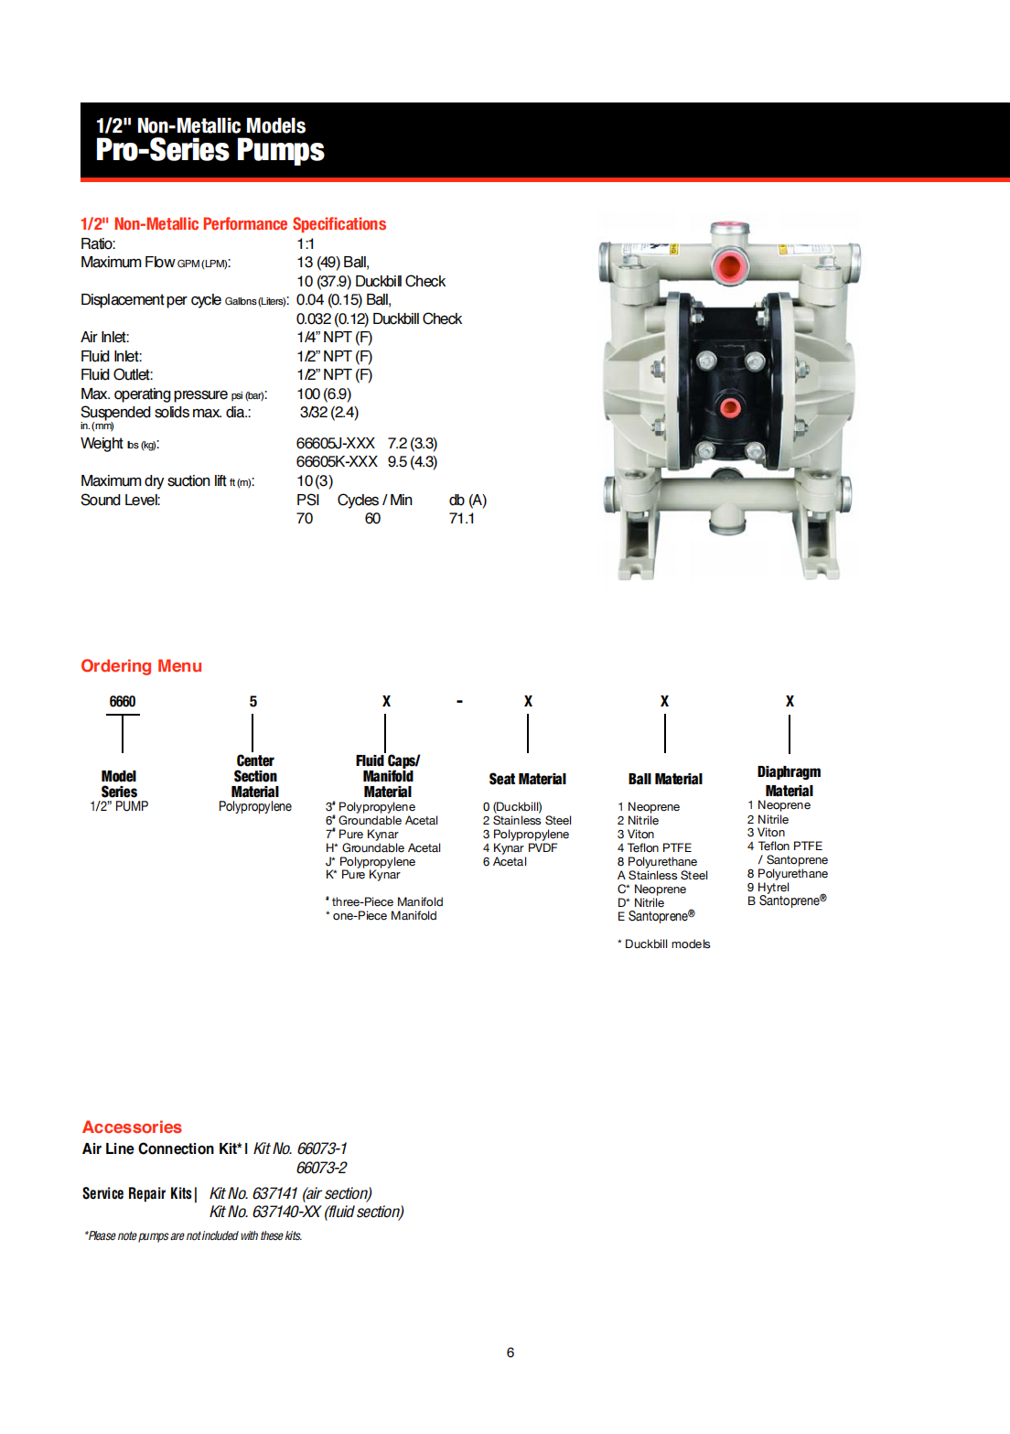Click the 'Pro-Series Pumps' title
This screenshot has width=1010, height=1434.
point(210,150)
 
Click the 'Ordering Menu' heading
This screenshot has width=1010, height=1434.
point(141,666)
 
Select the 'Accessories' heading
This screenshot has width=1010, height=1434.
point(132,1127)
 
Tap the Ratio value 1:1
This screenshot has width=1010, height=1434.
point(306,244)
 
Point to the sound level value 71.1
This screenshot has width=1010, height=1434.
point(462,519)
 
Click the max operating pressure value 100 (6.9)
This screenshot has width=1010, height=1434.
point(324,394)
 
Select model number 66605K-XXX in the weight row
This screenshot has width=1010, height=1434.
point(337,462)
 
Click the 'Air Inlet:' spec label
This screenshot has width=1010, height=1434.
point(105,338)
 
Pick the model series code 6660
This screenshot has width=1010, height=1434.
point(123,702)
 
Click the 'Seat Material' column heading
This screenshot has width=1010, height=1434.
point(527,780)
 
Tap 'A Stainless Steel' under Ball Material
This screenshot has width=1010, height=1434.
point(662,876)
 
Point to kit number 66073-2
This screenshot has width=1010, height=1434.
point(321,1169)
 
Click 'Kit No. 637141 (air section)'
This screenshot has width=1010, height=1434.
point(290,1193)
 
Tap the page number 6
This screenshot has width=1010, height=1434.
point(510,1353)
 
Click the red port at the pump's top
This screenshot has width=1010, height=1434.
point(729,266)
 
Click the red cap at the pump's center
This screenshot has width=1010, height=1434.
point(729,407)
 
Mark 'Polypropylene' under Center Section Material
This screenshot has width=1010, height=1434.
point(254,806)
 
